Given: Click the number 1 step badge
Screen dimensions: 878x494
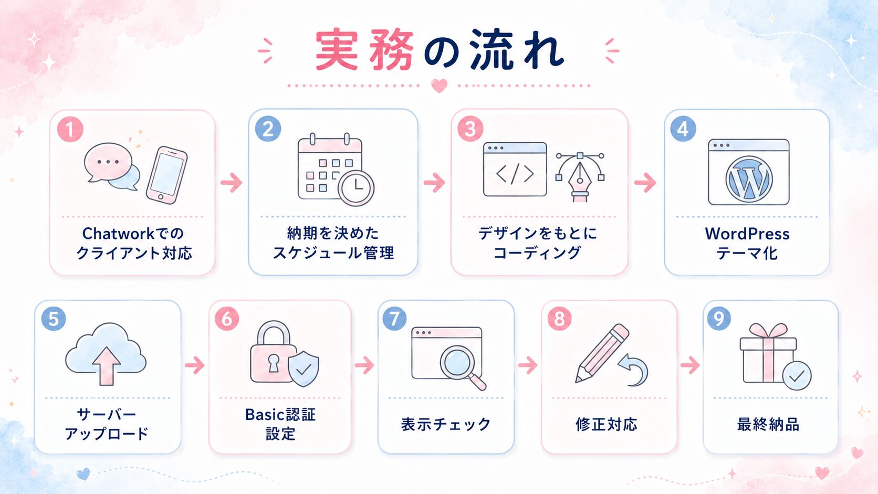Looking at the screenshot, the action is (70, 129).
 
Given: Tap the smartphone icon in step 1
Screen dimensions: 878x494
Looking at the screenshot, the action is (166, 175).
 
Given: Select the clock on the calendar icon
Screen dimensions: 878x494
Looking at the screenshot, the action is (356, 187).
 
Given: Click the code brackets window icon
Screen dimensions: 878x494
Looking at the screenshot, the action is (515, 169).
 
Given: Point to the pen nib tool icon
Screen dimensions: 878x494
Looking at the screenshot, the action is (580, 177).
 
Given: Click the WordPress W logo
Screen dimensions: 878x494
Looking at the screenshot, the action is (749, 179).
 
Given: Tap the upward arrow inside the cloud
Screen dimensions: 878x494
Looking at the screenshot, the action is (106, 366).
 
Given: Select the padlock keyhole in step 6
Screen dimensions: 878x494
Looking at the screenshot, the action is (273, 363).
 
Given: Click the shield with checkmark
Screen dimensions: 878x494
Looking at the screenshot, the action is (304, 368).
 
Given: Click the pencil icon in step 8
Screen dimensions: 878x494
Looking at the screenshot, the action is (602, 353).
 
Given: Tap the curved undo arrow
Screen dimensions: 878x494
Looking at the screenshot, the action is (633, 370).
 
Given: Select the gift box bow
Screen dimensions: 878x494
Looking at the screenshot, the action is (769, 331).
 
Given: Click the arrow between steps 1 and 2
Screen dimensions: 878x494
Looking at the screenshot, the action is (231, 182).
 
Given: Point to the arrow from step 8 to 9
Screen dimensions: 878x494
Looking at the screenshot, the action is (690, 365).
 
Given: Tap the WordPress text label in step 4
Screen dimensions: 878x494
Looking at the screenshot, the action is (747, 234).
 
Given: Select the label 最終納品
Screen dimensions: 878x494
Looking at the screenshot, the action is (768, 424).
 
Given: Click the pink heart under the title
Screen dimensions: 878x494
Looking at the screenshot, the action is (439, 86).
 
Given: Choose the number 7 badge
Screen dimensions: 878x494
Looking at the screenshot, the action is (394, 319).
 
